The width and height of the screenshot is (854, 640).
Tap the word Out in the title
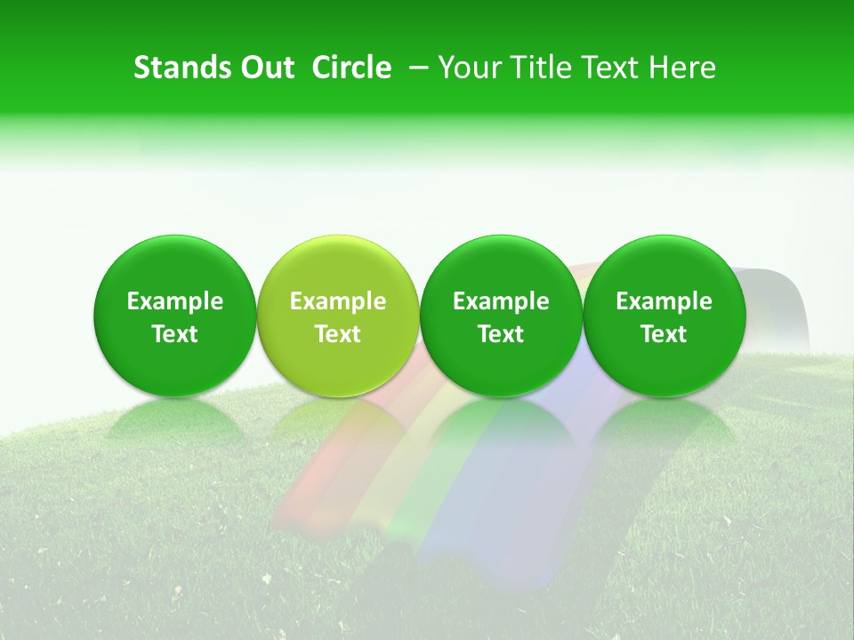point(264,68)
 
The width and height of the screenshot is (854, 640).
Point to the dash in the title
point(418,68)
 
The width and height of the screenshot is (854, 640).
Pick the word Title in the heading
point(543,68)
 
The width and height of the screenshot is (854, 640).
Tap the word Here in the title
point(684,68)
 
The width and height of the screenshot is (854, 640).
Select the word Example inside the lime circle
point(338,301)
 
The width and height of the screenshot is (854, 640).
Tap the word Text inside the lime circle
point(338,334)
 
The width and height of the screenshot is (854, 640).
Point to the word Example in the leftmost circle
point(175,301)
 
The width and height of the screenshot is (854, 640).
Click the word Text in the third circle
point(501,334)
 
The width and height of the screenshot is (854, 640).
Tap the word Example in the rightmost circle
point(665,301)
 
